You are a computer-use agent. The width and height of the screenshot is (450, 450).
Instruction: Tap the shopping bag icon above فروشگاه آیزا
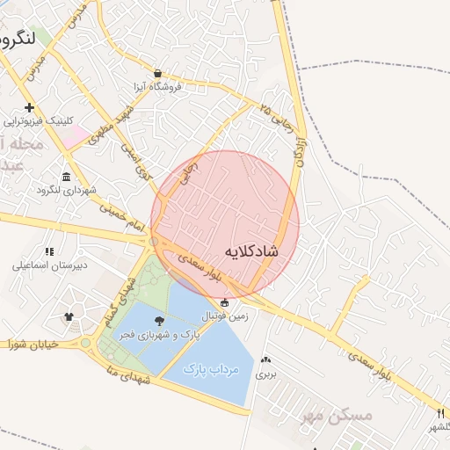157,74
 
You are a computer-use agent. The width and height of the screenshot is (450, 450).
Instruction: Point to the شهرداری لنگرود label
66,189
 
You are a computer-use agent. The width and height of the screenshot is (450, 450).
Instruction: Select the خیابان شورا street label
32,344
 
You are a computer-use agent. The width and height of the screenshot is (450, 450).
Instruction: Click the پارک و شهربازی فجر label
159,336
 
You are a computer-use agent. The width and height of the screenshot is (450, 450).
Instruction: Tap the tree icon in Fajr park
159,323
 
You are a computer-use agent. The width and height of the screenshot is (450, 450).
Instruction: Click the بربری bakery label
265,373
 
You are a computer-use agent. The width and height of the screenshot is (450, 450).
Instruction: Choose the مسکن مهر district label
336,414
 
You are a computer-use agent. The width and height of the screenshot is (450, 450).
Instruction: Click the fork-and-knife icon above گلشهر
439,412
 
